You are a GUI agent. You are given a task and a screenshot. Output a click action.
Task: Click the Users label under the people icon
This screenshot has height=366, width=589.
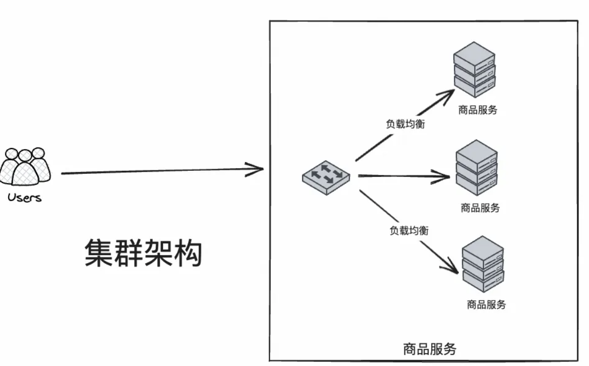pos(24,198)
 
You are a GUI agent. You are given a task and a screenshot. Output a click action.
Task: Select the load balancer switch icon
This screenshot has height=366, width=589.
pos(326,176)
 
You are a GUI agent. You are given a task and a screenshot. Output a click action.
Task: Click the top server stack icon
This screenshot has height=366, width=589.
pos(474,69)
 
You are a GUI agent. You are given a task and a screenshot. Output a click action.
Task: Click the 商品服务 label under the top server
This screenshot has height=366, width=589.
pos(478,110)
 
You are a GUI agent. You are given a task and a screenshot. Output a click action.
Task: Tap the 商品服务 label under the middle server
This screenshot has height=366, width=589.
pos(480,208)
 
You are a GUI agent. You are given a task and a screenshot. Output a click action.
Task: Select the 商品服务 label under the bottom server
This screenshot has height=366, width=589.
pos(486,305)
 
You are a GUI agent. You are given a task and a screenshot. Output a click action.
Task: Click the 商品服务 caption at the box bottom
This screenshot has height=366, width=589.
pos(430,349)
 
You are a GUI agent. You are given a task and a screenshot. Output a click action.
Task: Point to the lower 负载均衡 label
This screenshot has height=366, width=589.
pos(409,231)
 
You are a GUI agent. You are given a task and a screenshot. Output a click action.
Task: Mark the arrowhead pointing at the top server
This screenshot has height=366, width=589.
pos(448,94)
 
